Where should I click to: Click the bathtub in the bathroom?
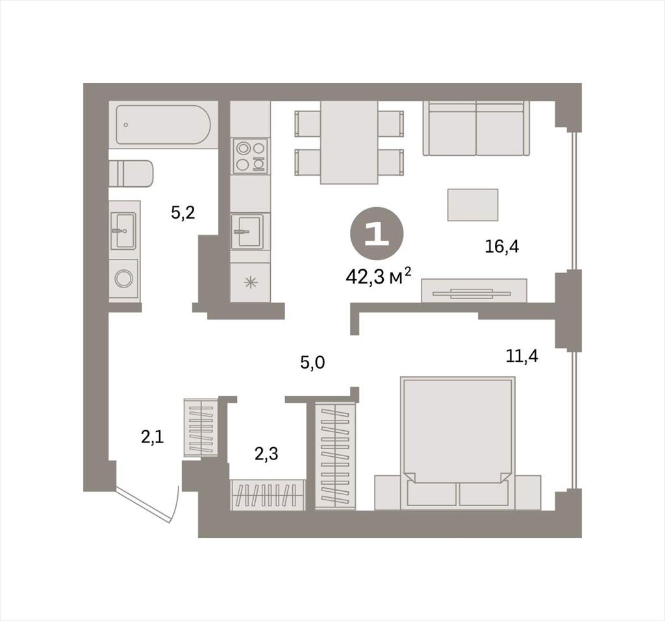[x=163, y=125]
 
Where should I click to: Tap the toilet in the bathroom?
[x=131, y=173]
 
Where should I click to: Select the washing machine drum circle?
[x=124, y=278]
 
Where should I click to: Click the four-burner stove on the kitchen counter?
[x=251, y=156]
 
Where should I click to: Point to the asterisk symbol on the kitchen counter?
[x=252, y=282]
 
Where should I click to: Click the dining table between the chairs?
[x=349, y=142]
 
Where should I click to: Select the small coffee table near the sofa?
[x=473, y=205]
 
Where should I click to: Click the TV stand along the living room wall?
[x=473, y=291]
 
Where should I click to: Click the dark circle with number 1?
[x=377, y=234]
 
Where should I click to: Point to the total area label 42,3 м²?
[x=379, y=277]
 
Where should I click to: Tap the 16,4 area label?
[x=502, y=247]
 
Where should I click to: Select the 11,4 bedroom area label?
[x=522, y=356]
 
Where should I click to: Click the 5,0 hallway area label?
[x=312, y=363]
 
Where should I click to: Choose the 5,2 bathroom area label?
[x=182, y=212]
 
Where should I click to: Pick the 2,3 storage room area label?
[x=266, y=454]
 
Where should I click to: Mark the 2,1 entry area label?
[x=152, y=437]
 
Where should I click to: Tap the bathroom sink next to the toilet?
[x=123, y=230]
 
